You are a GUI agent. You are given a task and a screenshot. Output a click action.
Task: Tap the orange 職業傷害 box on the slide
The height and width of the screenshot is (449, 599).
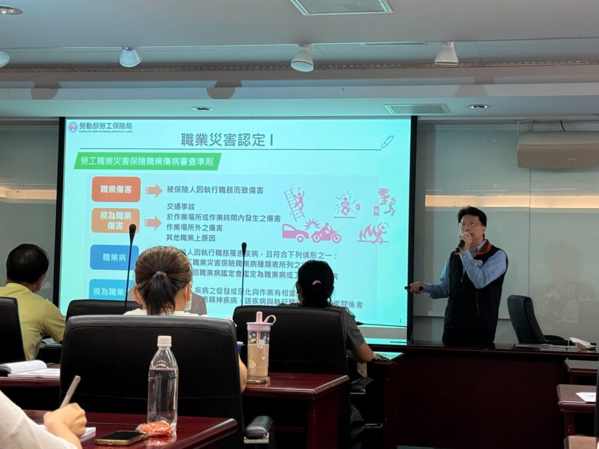click(x=116, y=189)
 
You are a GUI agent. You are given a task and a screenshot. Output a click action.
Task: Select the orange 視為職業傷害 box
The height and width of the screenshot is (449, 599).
click(x=115, y=220)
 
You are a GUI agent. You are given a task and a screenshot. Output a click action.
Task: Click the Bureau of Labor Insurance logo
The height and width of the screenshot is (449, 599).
click(x=73, y=127)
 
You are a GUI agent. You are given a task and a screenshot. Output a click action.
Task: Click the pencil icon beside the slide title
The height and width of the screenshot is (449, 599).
click(x=387, y=141)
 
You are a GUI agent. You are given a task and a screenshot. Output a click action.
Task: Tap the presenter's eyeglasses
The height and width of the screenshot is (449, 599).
click(x=470, y=224)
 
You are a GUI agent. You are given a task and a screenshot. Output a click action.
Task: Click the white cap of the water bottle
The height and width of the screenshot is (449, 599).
click(x=164, y=341)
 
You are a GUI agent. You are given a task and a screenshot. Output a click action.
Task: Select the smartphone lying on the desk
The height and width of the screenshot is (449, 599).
click(x=121, y=437)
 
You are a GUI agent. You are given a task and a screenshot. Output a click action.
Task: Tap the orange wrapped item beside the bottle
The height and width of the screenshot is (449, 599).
click(x=156, y=429)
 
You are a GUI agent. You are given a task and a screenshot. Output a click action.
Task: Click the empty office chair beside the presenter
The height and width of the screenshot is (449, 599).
click(x=524, y=319)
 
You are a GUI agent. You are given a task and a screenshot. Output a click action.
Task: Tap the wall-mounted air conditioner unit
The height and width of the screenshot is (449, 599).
click(x=557, y=150)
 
